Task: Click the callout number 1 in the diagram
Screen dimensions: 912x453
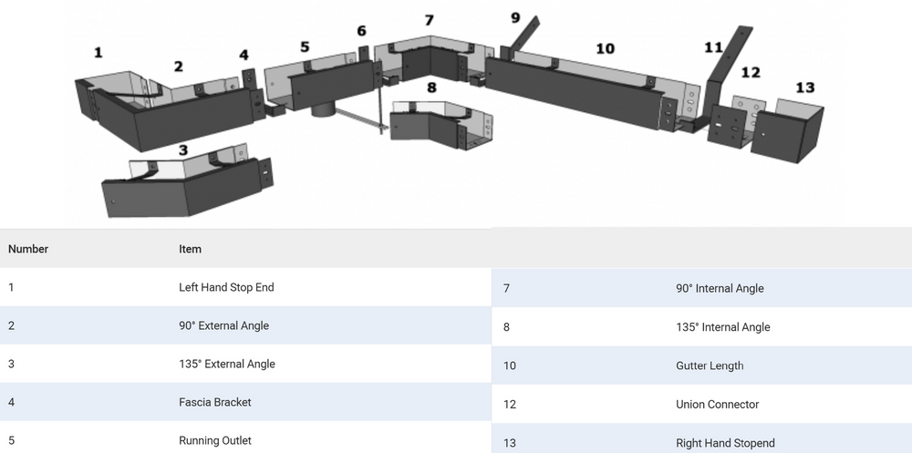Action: (x=98, y=53)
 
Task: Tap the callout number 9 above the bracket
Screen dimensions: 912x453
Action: (x=515, y=18)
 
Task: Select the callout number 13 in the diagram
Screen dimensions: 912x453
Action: (x=804, y=88)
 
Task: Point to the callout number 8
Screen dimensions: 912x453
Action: (x=431, y=88)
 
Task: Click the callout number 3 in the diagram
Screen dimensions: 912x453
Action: (x=183, y=150)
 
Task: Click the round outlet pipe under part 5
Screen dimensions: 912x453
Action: (x=324, y=109)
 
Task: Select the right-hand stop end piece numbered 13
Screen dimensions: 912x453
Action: (x=787, y=131)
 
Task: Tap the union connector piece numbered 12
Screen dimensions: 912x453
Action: (x=735, y=122)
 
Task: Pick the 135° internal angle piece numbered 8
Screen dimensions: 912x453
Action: (x=441, y=121)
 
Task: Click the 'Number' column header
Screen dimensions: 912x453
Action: (x=28, y=249)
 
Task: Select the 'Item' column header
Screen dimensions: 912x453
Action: (x=191, y=249)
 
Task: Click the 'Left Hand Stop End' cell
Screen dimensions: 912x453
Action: (x=226, y=287)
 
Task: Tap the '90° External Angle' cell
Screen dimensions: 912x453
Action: (x=224, y=325)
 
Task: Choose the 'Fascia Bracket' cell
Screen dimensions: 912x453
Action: (x=215, y=402)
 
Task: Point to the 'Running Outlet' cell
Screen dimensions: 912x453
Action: (x=215, y=441)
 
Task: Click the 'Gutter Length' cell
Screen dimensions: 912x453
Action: (x=710, y=365)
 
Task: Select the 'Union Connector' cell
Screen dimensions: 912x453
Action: (x=717, y=404)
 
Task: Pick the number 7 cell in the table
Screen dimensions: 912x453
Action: (x=506, y=288)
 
